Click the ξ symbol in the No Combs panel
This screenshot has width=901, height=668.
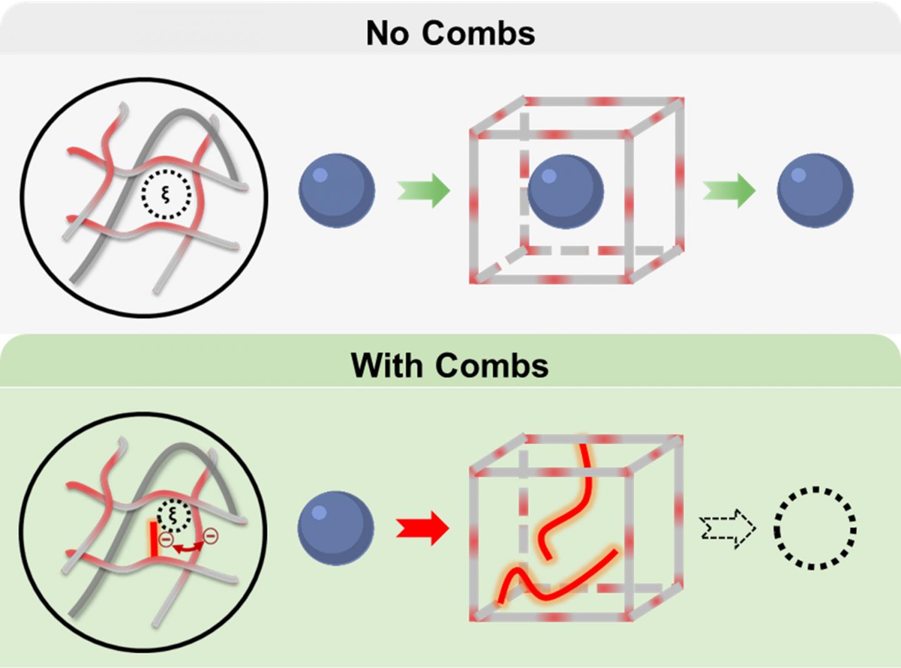pyautogui.click(x=166, y=194)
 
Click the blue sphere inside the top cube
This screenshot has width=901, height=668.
pyautogui.click(x=566, y=192)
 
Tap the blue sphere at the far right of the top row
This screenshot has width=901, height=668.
pyautogui.click(x=815, y=190)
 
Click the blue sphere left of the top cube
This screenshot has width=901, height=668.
pyautogui.click(x=337, y=190)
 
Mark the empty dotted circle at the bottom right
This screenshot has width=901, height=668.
pyautogui.click(x=815, y=528)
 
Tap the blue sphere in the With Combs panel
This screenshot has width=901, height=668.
pyautogui.click(x=336, y=528)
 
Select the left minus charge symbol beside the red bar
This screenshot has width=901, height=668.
pyautogui.click(x=166, y=539)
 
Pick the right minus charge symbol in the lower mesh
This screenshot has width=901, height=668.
pyautogui.click(x=211, y=535)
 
